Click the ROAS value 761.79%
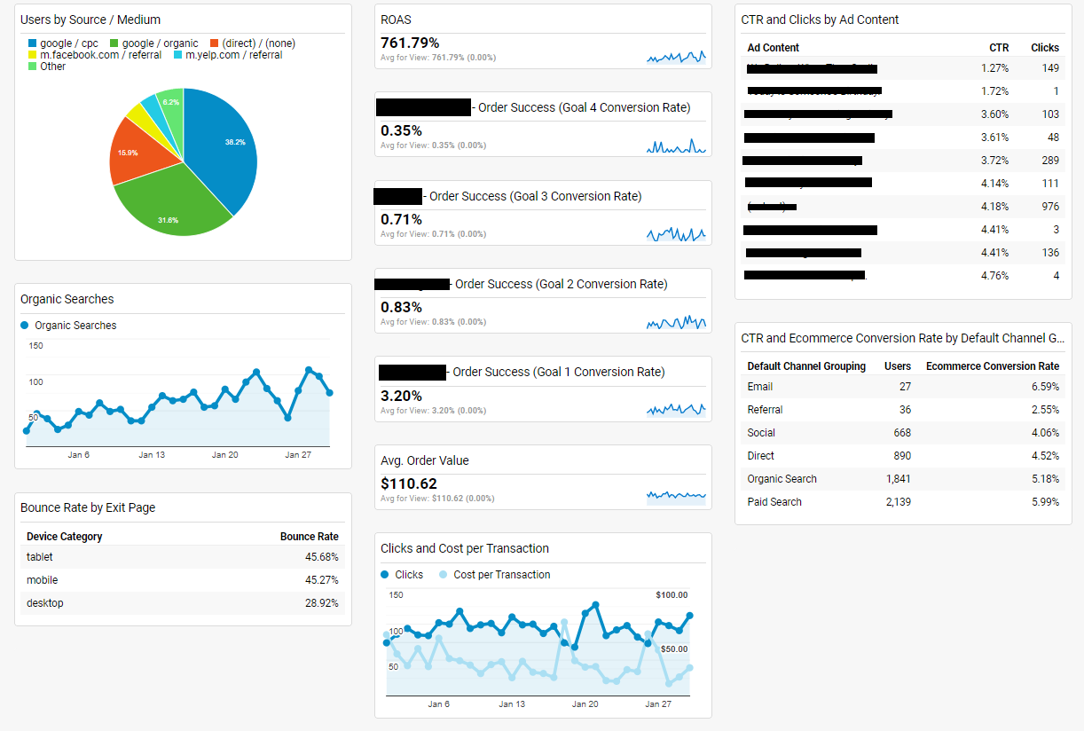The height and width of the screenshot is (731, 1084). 410,43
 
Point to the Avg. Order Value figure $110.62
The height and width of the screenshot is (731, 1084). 409,483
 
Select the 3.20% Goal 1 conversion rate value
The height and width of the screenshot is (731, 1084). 401,396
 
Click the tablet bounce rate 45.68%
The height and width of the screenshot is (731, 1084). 321,557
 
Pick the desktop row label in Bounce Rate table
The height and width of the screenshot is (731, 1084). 45,603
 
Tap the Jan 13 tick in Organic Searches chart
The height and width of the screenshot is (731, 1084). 152,455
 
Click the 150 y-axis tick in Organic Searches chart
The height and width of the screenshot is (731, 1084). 35,346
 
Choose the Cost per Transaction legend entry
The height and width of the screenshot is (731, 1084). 501,575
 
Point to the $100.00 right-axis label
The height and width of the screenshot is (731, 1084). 672,595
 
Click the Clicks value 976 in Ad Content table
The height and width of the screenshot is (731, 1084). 1050,207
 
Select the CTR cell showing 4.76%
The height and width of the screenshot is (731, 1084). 994,276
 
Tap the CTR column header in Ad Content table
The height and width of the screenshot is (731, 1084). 999,48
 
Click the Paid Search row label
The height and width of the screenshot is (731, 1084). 774,502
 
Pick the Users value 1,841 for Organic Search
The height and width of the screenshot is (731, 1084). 898,479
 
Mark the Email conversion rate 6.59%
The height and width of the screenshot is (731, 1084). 1045,387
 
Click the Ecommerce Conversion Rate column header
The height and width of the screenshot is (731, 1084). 993,366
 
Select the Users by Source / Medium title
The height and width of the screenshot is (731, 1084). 90,20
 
